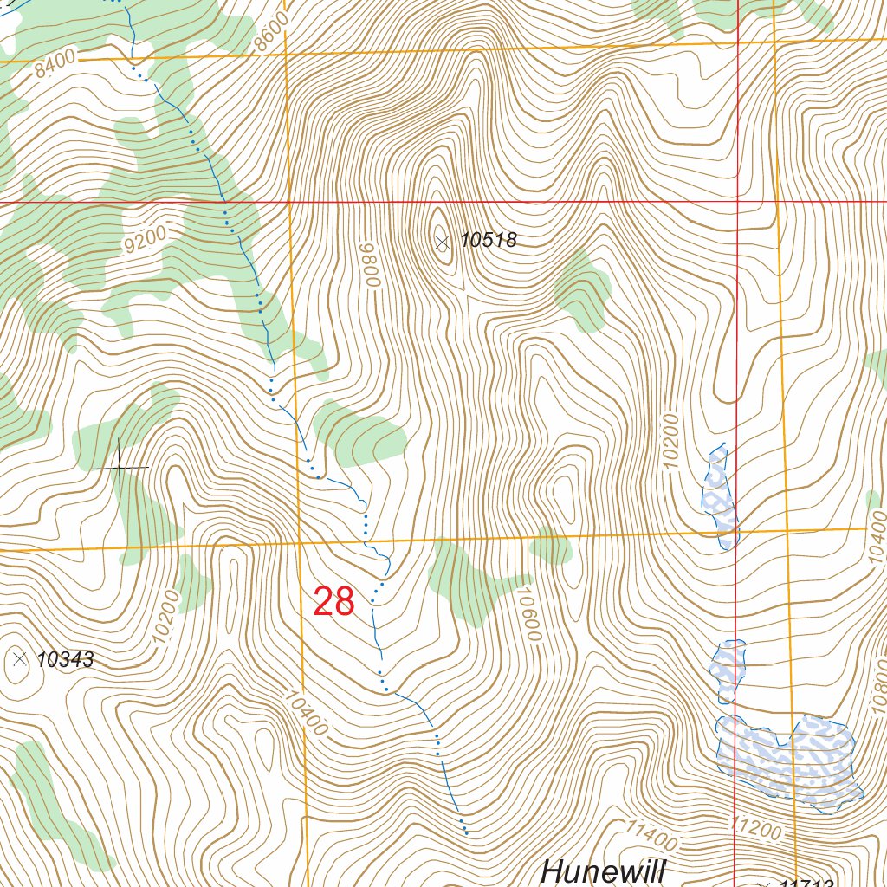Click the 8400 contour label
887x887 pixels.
[x=56, y=65]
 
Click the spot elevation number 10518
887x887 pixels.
[x=488, y=241]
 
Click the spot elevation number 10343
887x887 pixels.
[x=66, y=660]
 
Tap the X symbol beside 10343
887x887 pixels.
[x=20, y=659]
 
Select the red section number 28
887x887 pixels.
[x=333, y=601]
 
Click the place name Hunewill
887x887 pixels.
[x=603, y=871]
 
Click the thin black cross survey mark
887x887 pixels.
[x=120, y=467]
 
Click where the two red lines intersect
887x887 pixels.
[x=736, y=202]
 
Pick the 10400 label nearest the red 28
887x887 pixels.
[x=306, y=712]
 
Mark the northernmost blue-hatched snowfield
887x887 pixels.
[x=719, y=498]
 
